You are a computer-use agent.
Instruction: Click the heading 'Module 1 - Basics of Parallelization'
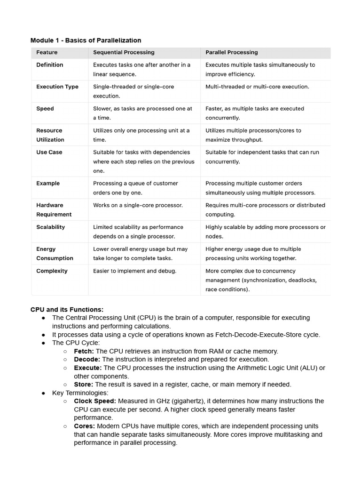[x=86, y=40]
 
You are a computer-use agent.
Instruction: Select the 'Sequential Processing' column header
[x=124, y=52]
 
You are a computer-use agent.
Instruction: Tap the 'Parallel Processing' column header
[x=231, y=52]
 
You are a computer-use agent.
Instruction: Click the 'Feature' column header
[x=47, y=52]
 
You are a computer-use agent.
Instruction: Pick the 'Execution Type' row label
[x=57, y=87]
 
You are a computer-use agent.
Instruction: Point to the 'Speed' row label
[x=45, y=109]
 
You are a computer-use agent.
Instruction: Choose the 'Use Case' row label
[x=49, y=153]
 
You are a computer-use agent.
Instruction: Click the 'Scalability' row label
[x=51, y=227]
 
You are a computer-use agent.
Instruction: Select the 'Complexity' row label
[x=52, y=271]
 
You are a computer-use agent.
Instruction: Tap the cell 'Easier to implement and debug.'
[x=134, y=271]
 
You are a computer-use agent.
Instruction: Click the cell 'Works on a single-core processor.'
[x=138, y=205]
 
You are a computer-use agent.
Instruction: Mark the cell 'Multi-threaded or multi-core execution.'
[x=257, y=87]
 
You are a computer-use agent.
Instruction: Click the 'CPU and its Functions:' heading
[x=67, y=310]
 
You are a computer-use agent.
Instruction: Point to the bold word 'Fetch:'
[x=84, y=351]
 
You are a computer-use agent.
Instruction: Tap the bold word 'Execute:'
[x=88, y=368]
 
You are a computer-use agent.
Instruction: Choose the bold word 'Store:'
[x=84, y=385]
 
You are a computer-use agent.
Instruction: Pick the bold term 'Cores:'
[x=85, y=426]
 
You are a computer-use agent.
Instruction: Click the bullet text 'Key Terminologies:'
[x=80, y=393]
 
